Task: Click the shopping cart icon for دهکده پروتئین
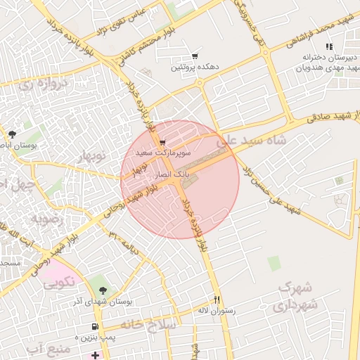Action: coord(195,56)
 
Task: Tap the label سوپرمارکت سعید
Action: coord(153,152)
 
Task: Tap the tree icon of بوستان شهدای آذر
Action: coord(103,290)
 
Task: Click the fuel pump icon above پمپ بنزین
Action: coord(95,327)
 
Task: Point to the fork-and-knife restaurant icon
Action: coord(217,299)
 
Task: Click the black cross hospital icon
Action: coord(96,355)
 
